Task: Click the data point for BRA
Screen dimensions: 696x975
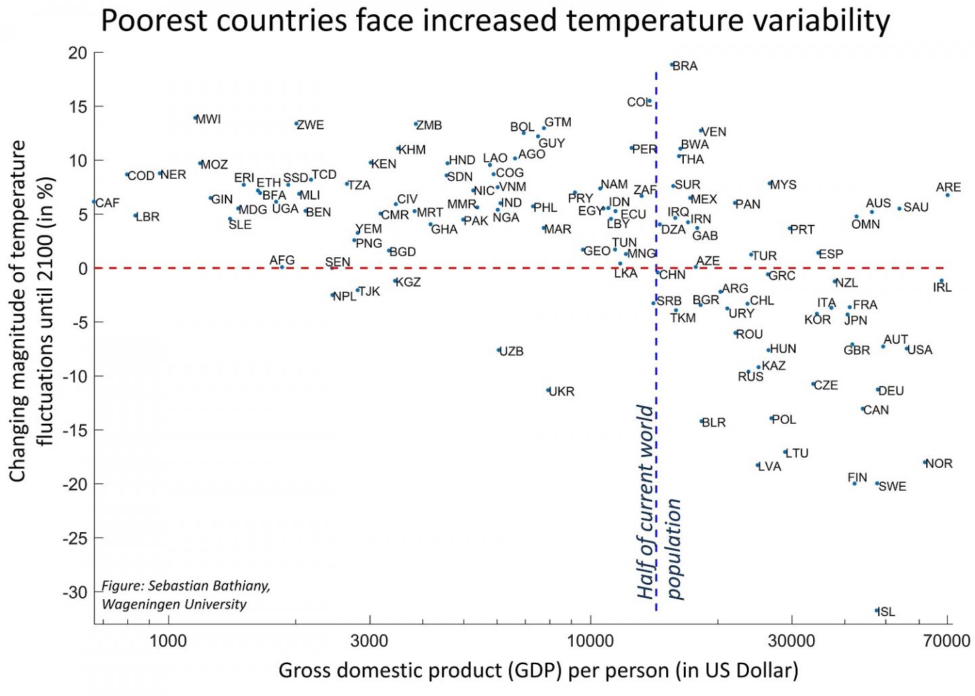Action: tap(672, 65)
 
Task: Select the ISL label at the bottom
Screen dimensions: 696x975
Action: tap(886, 612)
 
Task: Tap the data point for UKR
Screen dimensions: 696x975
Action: tap(548, 390)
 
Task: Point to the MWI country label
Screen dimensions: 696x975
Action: tap(209, 119)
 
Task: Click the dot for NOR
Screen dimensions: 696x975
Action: tap(925, 462)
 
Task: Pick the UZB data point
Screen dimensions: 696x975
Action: tap(498, 350)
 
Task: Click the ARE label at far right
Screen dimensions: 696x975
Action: tap(948, 188)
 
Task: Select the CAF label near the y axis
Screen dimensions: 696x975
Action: tap(108, 203)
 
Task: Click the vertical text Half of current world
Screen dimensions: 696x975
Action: tap(647, 502)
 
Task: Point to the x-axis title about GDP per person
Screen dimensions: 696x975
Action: tap(538, 670)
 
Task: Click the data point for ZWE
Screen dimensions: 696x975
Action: tap(297, 123)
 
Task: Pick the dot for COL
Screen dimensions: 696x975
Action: tap(649, 102)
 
